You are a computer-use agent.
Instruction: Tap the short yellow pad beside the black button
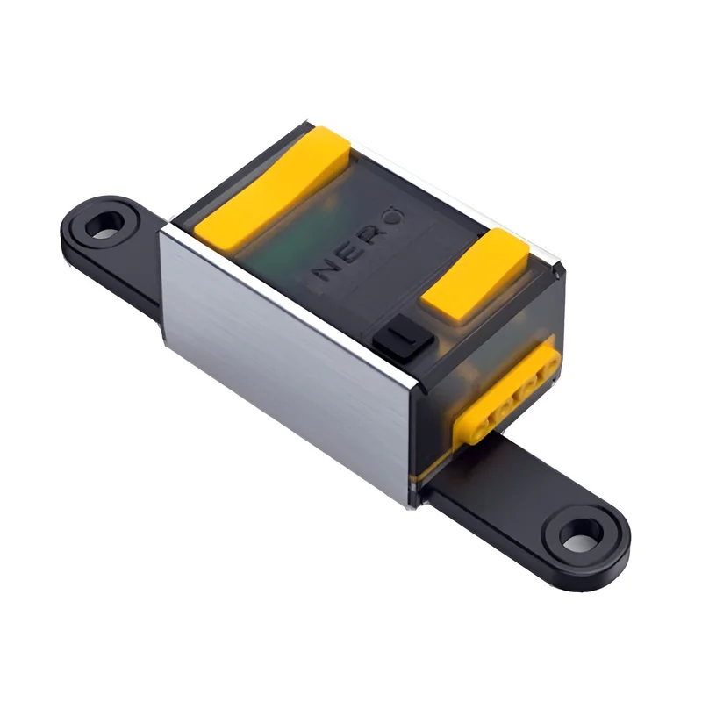(x=476, y=274)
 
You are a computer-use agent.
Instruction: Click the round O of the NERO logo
(x=392, y=216)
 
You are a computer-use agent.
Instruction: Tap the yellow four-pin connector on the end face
(x=506, y=390)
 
